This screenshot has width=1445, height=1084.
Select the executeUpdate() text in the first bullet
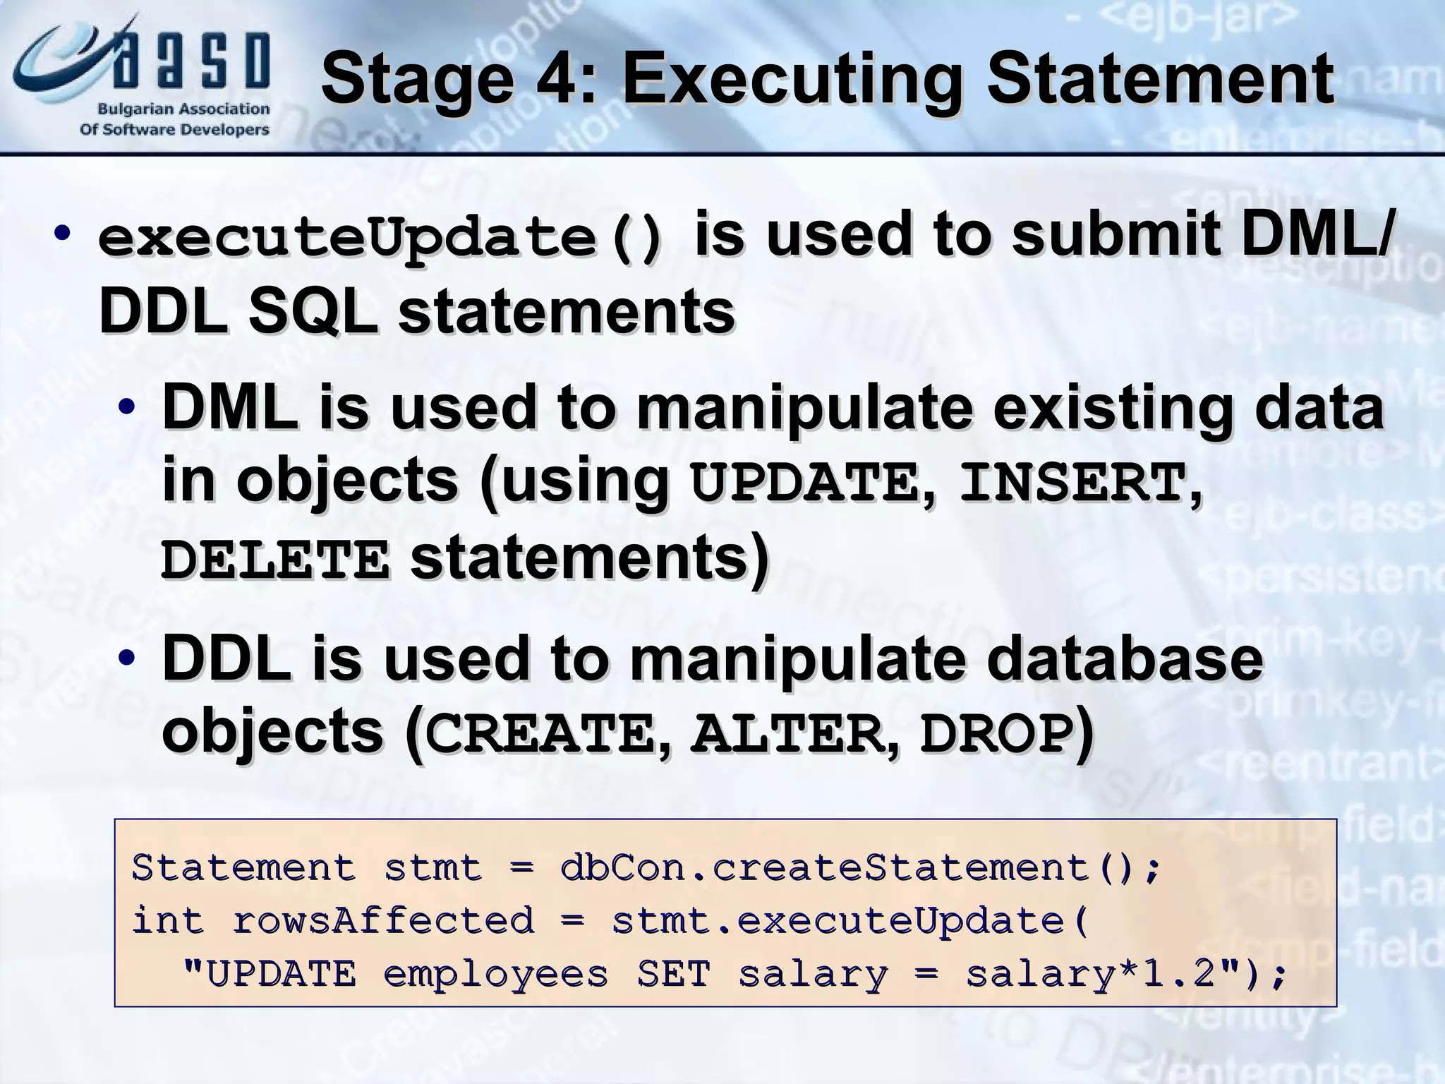(381, 239)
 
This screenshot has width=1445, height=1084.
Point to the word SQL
(311, 312)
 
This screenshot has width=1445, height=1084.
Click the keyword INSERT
(1072, 483)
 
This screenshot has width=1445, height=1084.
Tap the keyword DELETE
(275, 560)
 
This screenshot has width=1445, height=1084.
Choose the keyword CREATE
(540, 735)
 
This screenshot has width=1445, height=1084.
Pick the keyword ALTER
(787, 735)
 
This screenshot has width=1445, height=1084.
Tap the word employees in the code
(495, 975)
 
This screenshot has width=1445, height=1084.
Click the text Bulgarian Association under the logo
(183, 109)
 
